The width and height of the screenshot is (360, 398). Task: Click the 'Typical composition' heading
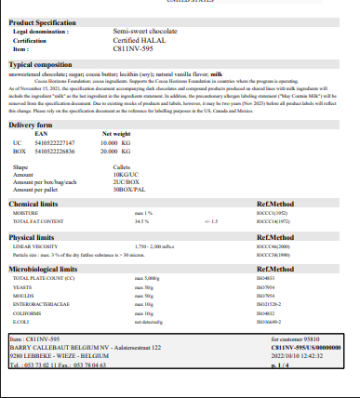41,65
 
